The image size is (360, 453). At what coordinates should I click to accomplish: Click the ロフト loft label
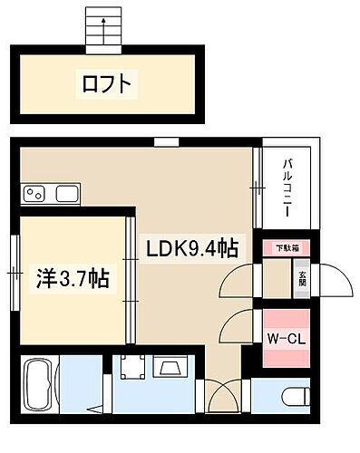[107, 85]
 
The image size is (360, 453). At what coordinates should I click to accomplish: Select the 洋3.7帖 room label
[73, 279]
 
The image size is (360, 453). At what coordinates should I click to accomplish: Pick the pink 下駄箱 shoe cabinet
[287, 246]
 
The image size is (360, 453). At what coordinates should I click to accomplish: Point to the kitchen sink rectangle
[67, 193]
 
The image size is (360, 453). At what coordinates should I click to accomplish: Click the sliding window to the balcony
[258, 188]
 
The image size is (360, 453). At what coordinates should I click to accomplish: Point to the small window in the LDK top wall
[165, 140]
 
